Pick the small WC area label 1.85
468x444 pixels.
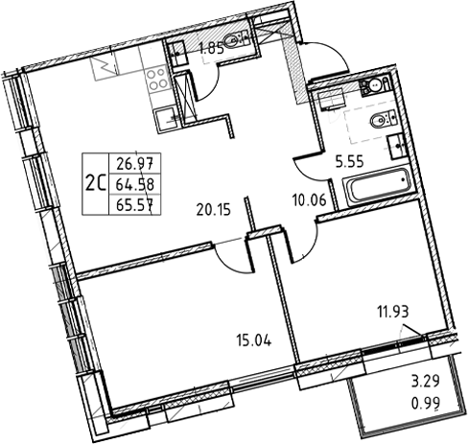click(x=212, y=43)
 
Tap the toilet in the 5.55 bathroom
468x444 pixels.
click(x=380, y=121)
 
